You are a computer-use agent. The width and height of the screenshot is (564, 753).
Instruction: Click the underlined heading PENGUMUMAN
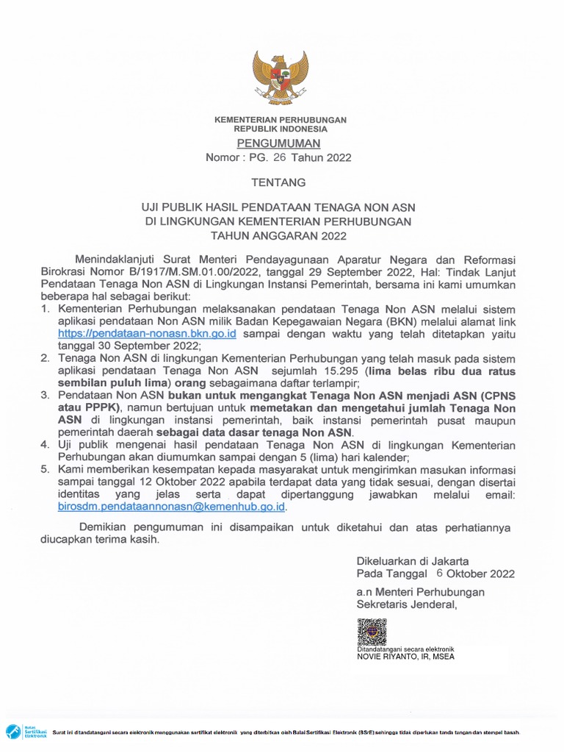[x=279, y=143]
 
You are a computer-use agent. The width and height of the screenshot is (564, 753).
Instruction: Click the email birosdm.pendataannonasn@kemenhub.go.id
[x=172, y=507]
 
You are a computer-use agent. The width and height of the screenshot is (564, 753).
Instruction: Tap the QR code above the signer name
[x=372, y=632]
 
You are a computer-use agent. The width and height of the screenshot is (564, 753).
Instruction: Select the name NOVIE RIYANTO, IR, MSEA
[x=405, y=657]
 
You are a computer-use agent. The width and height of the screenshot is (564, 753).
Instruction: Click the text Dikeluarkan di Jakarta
[x=413, y=560]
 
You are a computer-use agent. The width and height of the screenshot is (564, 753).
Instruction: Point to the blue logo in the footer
[x=15, y=732]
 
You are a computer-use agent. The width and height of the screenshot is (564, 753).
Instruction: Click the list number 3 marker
[x=45, y=395]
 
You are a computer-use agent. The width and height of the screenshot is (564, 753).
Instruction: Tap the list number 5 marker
[x=45, y=469]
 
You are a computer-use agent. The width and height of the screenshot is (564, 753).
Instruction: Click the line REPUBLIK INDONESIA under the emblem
[x=280, y=129]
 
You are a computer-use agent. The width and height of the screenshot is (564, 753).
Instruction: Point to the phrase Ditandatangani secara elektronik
[x=405, y=649]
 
